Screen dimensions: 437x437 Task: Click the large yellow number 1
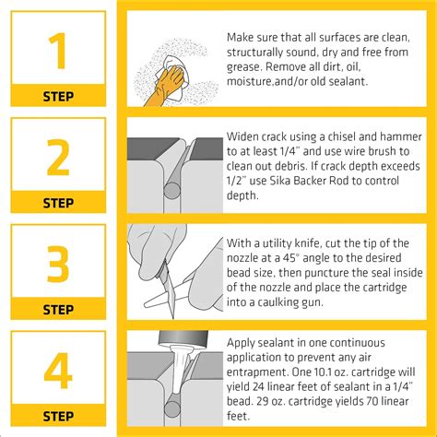(58, 53)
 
